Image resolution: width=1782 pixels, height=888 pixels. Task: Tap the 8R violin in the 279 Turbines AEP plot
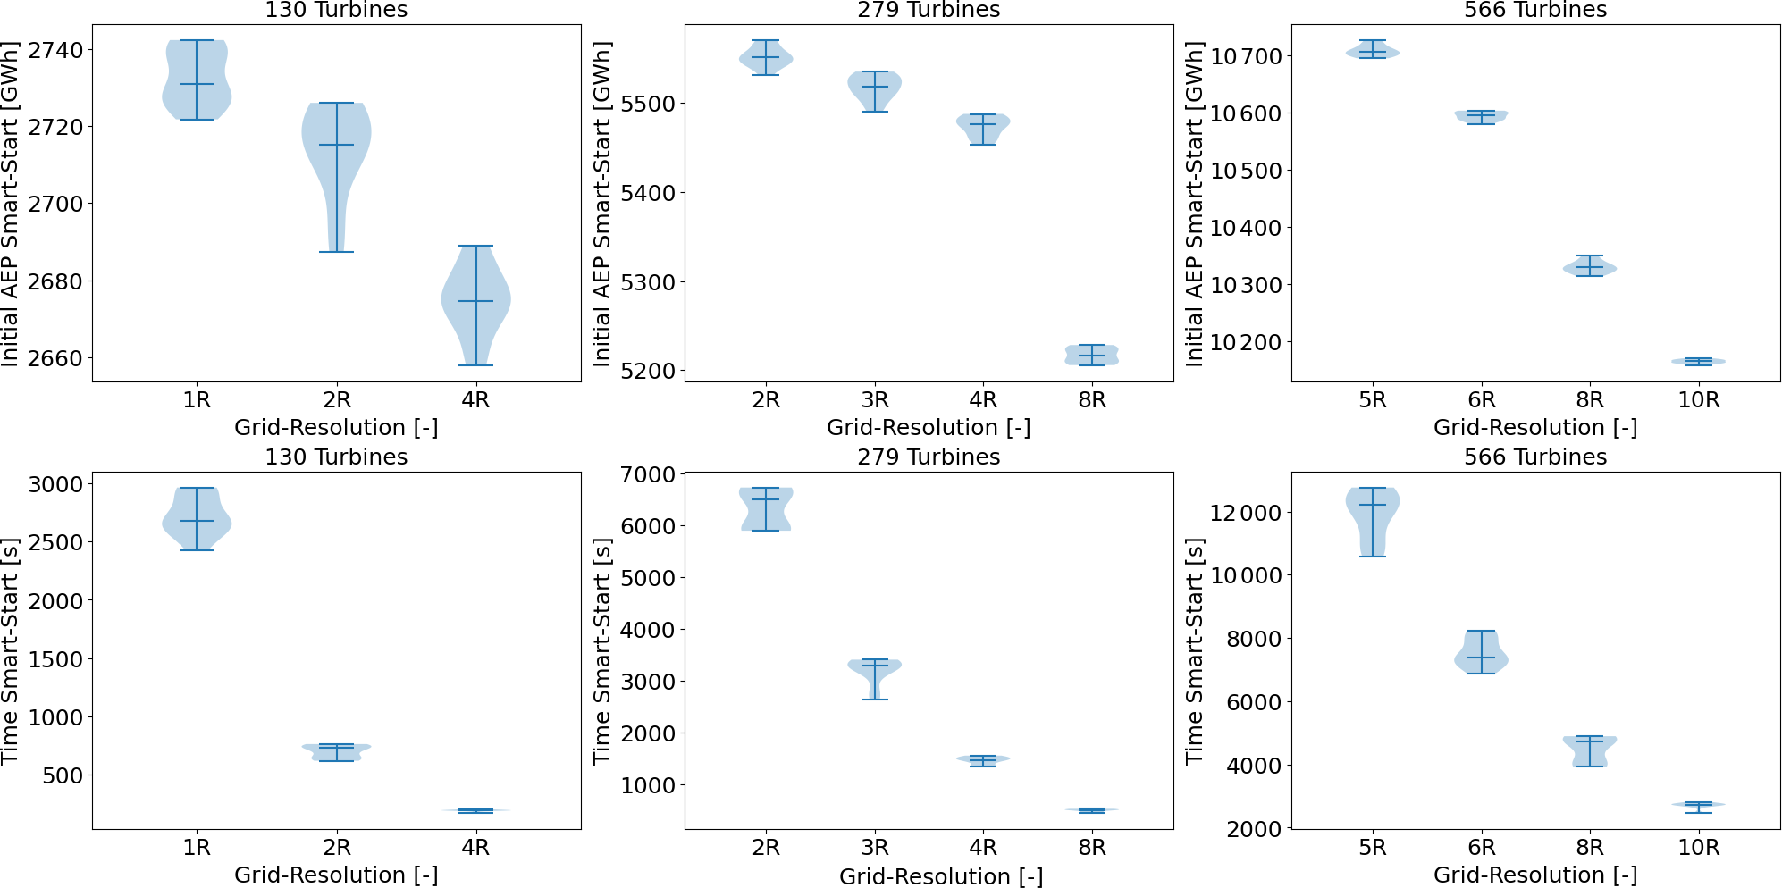pos(1091,355)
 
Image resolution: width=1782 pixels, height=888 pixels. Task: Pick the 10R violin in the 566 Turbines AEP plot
pos(1698,361)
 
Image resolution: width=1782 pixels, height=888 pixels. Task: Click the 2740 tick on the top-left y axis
pos(55,50)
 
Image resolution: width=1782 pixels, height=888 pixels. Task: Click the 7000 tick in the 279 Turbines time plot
pos(651,474)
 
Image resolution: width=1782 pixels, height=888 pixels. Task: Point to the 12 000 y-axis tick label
pos(1245,513)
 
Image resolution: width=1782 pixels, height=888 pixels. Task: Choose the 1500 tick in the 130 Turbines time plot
pos(55,659)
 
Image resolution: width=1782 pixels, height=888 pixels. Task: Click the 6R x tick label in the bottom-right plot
pos(1481,847)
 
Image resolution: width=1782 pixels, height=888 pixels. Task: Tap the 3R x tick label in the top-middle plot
pos(875,399)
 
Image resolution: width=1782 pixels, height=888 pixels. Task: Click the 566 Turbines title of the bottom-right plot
pos(1534,457)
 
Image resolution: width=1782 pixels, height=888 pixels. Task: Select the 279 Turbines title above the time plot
pos(929,457)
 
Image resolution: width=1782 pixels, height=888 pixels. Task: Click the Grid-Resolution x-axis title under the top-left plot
pos(336,427)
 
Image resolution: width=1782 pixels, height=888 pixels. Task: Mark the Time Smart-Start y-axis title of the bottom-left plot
pos(11,650)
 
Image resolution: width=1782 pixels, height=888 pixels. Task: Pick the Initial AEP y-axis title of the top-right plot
pos(1195,204)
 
